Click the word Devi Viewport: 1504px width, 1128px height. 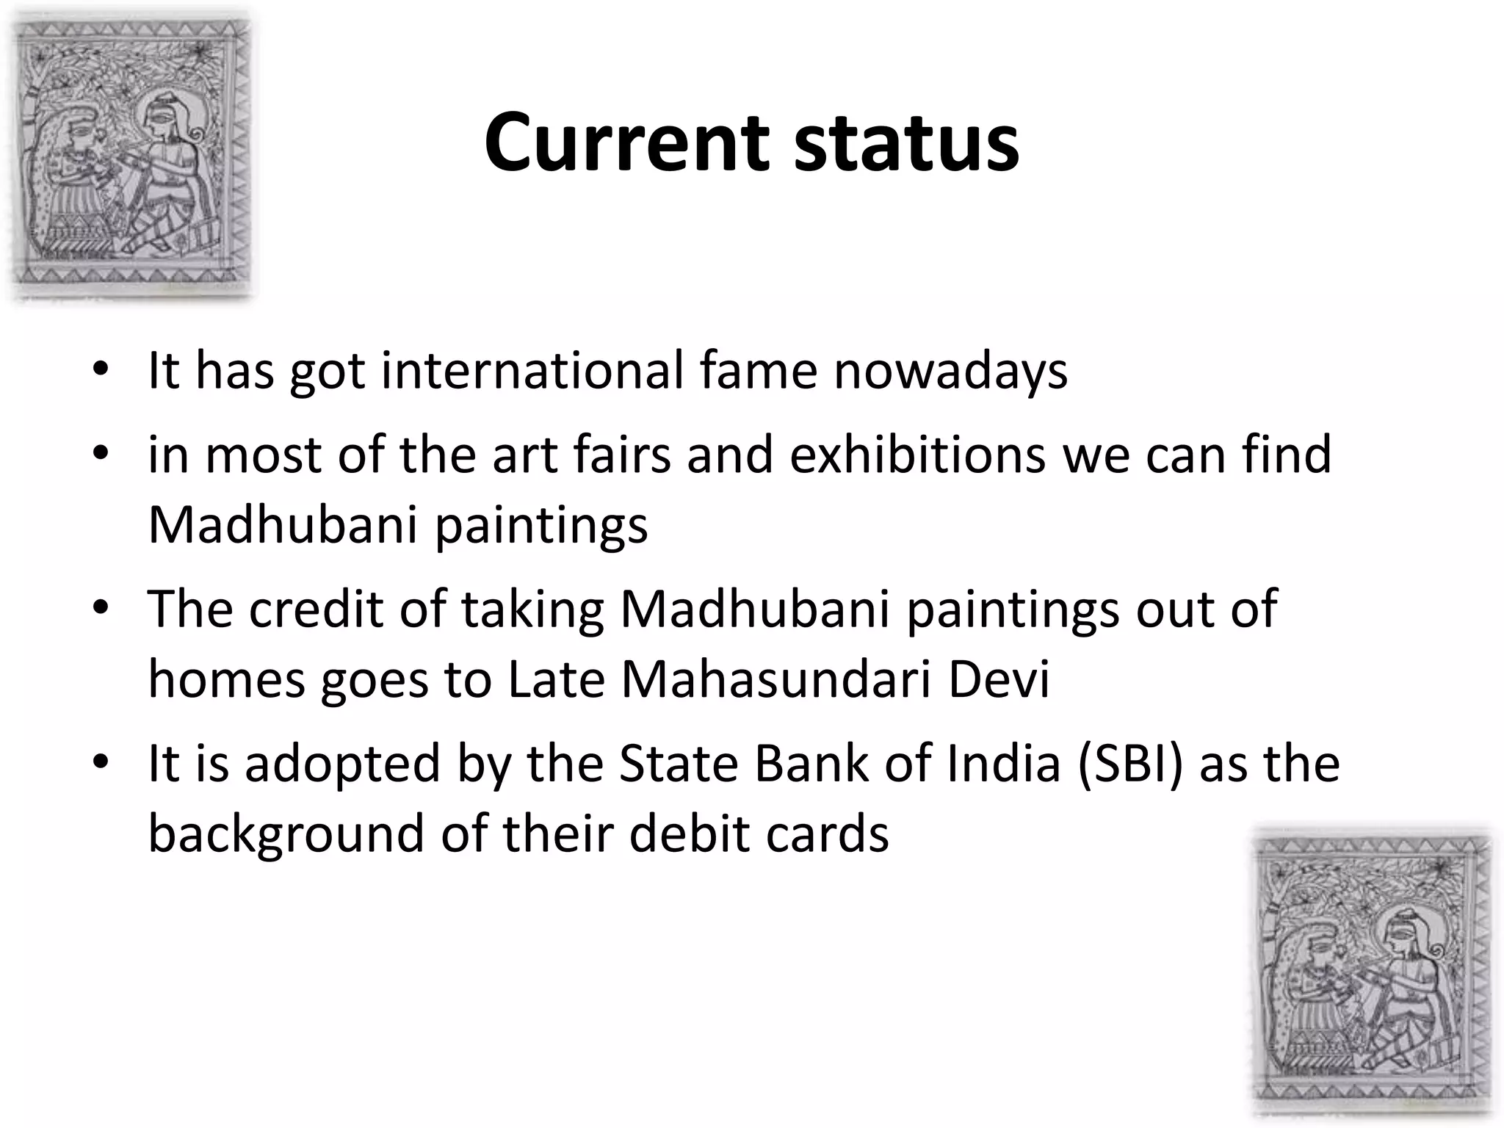[999, 679]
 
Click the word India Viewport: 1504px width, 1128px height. [1003, 764]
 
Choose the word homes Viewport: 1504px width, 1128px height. [227, 679]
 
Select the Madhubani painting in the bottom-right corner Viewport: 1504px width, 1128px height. [1372, 974]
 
